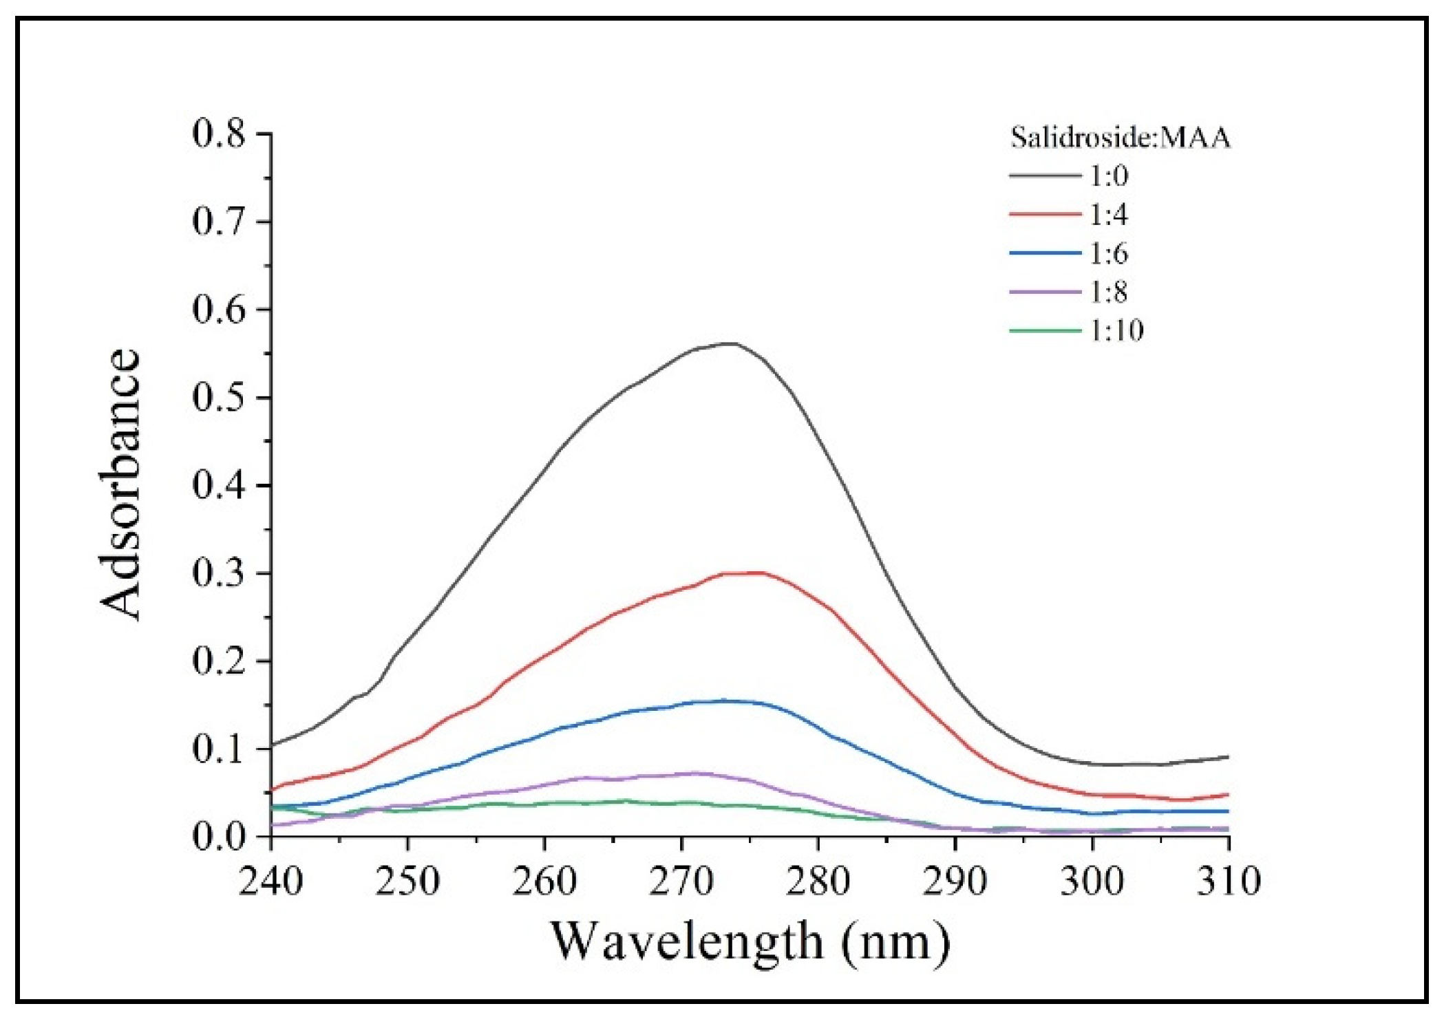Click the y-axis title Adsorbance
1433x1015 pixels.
point(120,485)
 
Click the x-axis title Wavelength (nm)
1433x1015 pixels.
point(750,941)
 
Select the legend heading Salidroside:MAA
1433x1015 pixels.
point(1120,138)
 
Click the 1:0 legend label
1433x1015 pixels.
point(1108,176)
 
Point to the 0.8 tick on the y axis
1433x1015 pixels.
point(219,133)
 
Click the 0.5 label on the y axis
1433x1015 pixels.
point(219,398)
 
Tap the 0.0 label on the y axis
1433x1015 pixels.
point(219,837)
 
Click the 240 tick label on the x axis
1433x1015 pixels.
point(270,881)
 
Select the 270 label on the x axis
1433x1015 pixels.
point(681,881)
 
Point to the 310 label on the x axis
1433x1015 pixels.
point(1229,881)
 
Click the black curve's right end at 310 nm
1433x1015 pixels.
point(1228,757)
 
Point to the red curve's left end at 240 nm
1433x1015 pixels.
point(272,790)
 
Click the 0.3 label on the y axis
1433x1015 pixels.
point(219,573)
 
